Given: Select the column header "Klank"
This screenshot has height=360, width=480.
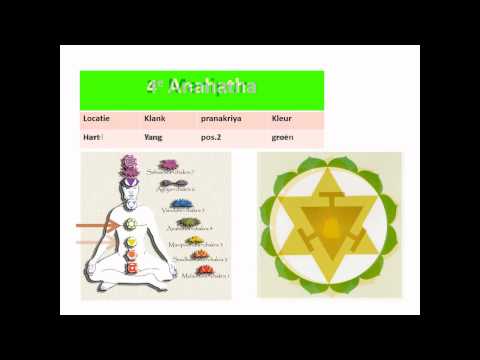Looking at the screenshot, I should pos(155,118).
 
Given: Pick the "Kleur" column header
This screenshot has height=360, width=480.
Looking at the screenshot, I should pos(282,118).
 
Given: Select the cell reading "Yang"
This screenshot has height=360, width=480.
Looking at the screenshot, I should pos(154,137).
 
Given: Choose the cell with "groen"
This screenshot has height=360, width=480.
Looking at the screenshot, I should pos(283,137).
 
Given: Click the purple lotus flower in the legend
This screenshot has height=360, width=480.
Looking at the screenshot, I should pos(167,165).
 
